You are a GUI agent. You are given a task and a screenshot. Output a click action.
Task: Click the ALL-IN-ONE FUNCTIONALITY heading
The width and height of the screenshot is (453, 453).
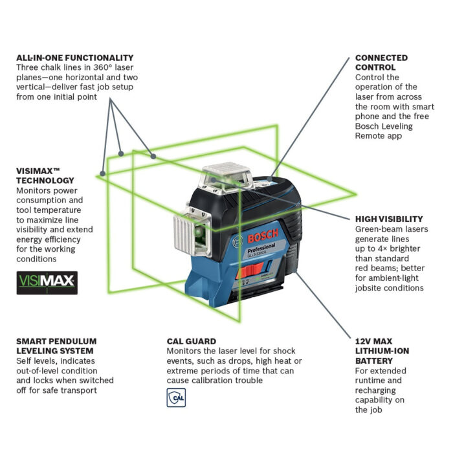point(75,58)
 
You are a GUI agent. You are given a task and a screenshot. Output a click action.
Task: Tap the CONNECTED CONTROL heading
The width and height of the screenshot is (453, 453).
point(381,62)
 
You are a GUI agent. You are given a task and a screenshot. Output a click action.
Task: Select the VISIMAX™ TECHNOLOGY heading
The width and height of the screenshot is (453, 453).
point(45,175)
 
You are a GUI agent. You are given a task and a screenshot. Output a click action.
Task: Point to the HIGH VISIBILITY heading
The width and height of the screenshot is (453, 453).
point(389,219)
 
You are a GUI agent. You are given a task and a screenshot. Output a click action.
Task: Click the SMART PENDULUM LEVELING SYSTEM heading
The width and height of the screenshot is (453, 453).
point(56,346)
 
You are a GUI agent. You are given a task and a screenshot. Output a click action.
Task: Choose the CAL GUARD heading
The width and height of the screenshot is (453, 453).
point(192,341)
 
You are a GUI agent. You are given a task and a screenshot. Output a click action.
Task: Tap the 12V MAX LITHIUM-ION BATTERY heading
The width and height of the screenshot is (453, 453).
point(382,351)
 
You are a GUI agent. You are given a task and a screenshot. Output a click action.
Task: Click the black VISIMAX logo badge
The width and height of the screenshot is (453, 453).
point(47,282)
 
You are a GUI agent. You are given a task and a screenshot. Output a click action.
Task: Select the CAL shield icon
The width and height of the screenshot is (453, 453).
point(176,398)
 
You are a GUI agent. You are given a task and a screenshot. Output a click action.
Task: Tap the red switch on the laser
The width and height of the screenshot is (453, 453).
point(245,274)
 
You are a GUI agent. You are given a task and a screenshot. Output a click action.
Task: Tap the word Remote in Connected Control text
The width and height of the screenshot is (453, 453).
point(371,136)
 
